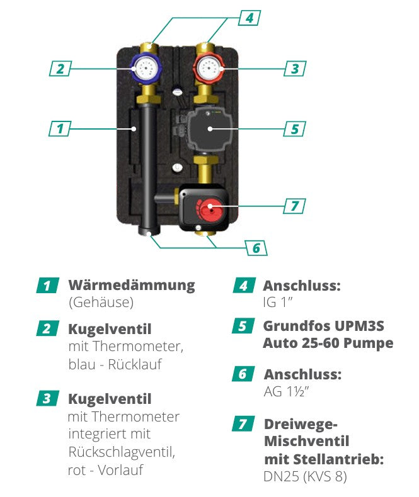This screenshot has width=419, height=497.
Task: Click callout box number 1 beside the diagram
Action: pyautogui.click(x=60, y=128)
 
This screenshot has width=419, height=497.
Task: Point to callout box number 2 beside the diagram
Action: pyautogui.click(x=60, y=68)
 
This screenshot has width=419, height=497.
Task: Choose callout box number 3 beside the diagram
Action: pyautogui.click(x=294, y=68)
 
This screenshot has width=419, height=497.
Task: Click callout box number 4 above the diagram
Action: pyautogui.click(x=250, y=18)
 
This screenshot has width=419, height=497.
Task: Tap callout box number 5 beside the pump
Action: pyautogui.click(x=294, y=128)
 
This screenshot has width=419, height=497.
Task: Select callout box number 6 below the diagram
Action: pyautogui.click(x=256, y=248)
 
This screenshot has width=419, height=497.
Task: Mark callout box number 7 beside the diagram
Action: pyautogui.click(x=294, y=206)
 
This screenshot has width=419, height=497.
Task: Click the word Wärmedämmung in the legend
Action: pyautogui.click(x=131, y=285)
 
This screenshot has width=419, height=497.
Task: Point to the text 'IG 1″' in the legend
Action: pyautogui.click(x=278, y=303)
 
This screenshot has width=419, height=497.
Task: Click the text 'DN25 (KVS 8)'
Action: pyautogui.click(x=304, y=476)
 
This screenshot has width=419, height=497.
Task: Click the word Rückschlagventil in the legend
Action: pyautogui.click(x=120, y=452)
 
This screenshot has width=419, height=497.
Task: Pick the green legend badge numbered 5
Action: pyautogui.click(x=242, y=327)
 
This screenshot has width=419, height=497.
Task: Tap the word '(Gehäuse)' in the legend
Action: pyautogui.click(x=101, y=303)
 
